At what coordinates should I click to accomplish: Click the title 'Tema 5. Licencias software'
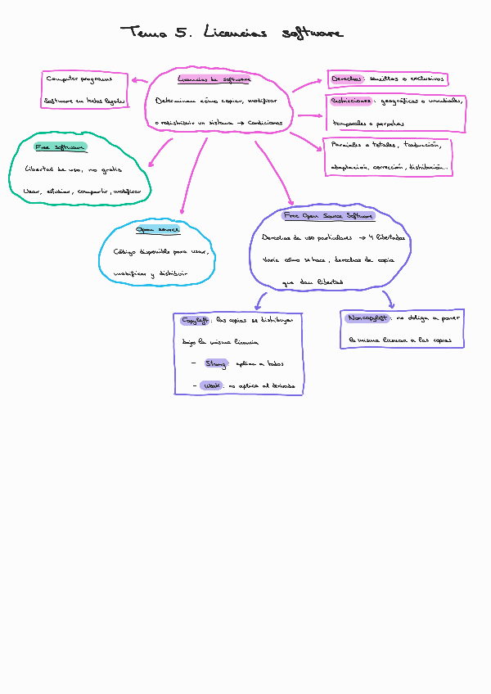232,33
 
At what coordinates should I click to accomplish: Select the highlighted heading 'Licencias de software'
214,79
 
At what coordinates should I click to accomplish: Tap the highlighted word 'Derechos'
348,79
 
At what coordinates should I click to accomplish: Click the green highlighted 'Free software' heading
61,147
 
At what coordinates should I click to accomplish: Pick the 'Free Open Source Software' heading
328,217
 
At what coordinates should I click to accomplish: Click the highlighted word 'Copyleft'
195,320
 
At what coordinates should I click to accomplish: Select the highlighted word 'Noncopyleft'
367,318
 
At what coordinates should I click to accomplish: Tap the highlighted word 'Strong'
216,363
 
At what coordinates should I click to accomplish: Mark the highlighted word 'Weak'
211,385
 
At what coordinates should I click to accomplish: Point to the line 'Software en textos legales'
86,101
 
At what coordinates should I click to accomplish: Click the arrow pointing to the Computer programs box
139,80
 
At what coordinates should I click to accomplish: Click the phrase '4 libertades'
386,238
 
